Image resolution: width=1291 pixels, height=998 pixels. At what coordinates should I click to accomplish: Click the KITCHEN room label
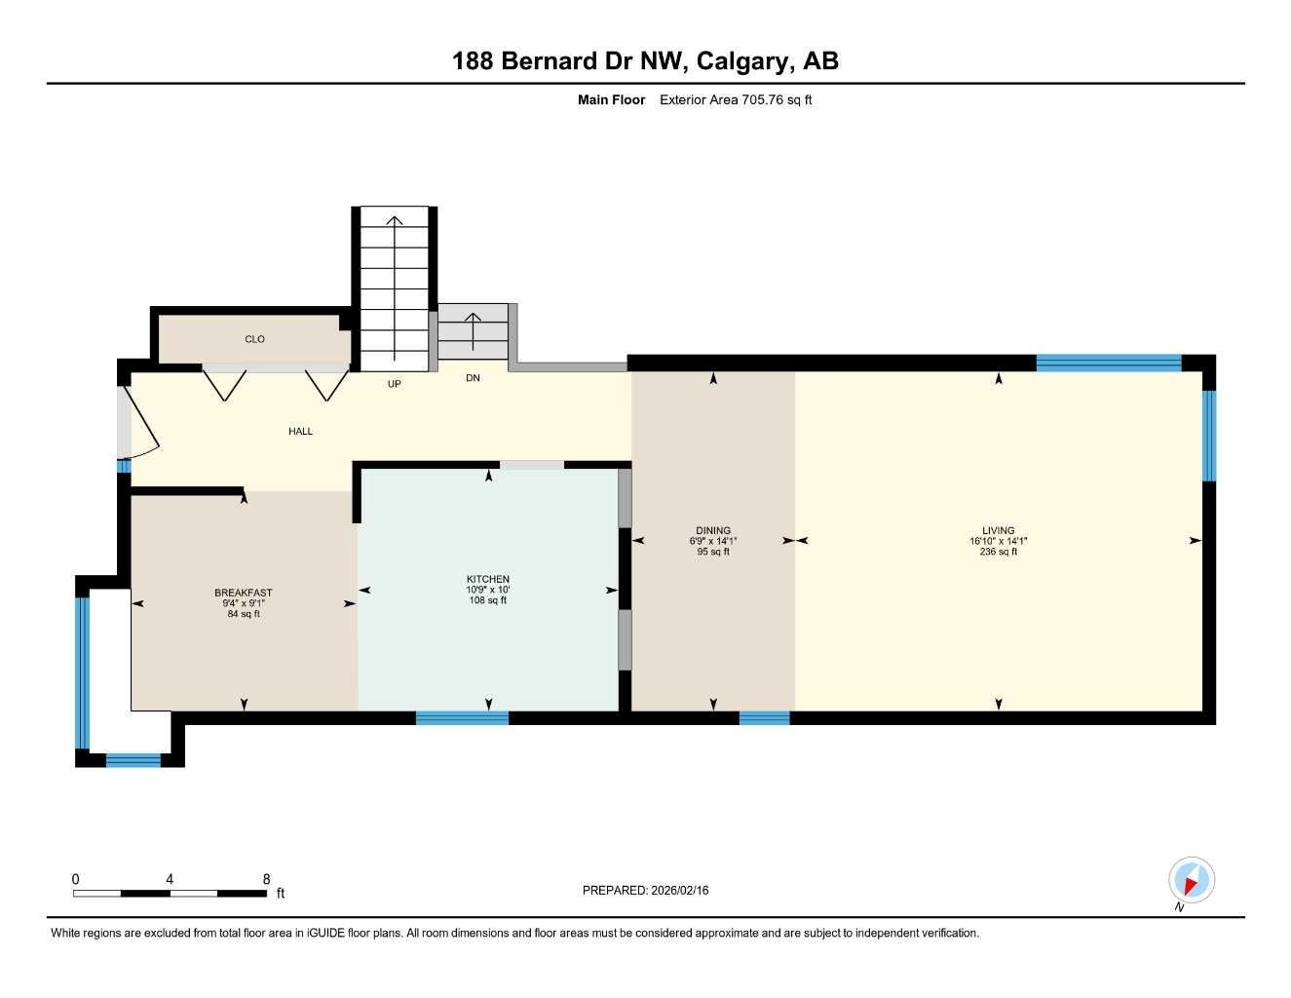coord(487,579)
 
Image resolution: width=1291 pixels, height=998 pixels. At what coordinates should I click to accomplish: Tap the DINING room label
coord(713,531)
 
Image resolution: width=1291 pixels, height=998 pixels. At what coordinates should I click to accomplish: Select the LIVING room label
coord(998,531)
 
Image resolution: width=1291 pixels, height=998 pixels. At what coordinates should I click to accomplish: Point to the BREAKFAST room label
coord(243,593)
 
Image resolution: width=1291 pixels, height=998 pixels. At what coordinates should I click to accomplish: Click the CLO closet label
coord(254,339)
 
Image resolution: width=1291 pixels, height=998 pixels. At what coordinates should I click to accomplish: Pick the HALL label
coord(300,431)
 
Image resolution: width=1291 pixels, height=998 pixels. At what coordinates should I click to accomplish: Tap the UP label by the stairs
coord(394,384)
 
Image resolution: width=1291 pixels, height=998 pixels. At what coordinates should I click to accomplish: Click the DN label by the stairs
coord(473,378)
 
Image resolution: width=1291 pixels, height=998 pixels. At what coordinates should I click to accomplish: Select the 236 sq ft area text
coord(998,552)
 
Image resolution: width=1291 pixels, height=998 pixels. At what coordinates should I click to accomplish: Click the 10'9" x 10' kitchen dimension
coord(487,590)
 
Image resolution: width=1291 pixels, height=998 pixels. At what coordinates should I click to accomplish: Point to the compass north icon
coord(1191,881)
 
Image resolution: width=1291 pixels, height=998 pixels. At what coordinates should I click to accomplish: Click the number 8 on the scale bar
coord(266,879)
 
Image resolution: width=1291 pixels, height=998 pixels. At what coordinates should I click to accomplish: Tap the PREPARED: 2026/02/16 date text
coord(645,890)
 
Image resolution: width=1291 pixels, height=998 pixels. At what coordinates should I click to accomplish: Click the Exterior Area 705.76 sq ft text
coord(736,99)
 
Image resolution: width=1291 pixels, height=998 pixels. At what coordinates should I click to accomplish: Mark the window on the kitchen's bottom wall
coord(462,718)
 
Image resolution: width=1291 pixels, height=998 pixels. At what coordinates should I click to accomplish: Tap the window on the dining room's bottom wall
coord(764,718)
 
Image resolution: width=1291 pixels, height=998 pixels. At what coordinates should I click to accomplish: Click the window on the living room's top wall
coord(1108,363)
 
